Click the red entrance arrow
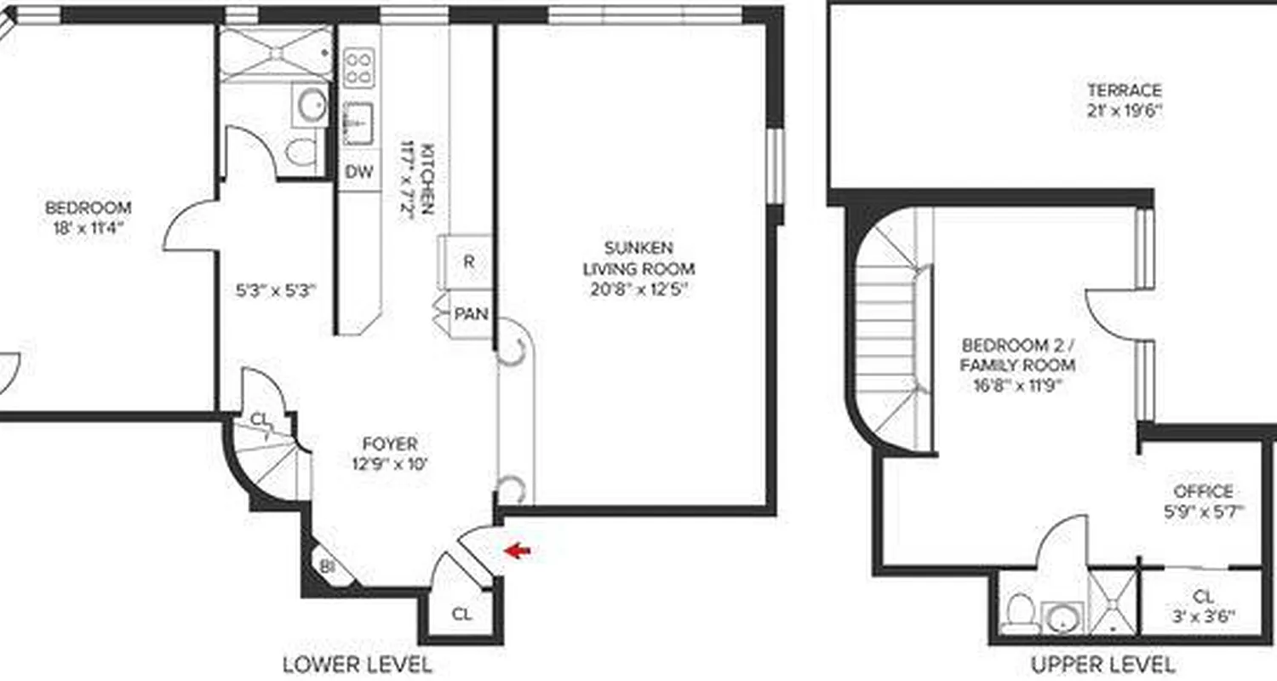(518, 551)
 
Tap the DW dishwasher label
(359, 172)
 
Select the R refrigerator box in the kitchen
(467, 262)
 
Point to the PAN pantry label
(471, 314)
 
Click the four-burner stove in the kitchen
(358, 67)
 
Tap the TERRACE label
(1124, 89)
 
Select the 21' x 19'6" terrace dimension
(1124, 110)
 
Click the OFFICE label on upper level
(1203, 491)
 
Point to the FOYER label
(390, 444)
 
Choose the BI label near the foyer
(327, 565)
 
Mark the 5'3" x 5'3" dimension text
(276, 289)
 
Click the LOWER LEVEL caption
(358, 664)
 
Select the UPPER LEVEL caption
(1103, 664)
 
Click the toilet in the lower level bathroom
(301, 152)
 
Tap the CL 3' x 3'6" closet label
(1203, 606)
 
